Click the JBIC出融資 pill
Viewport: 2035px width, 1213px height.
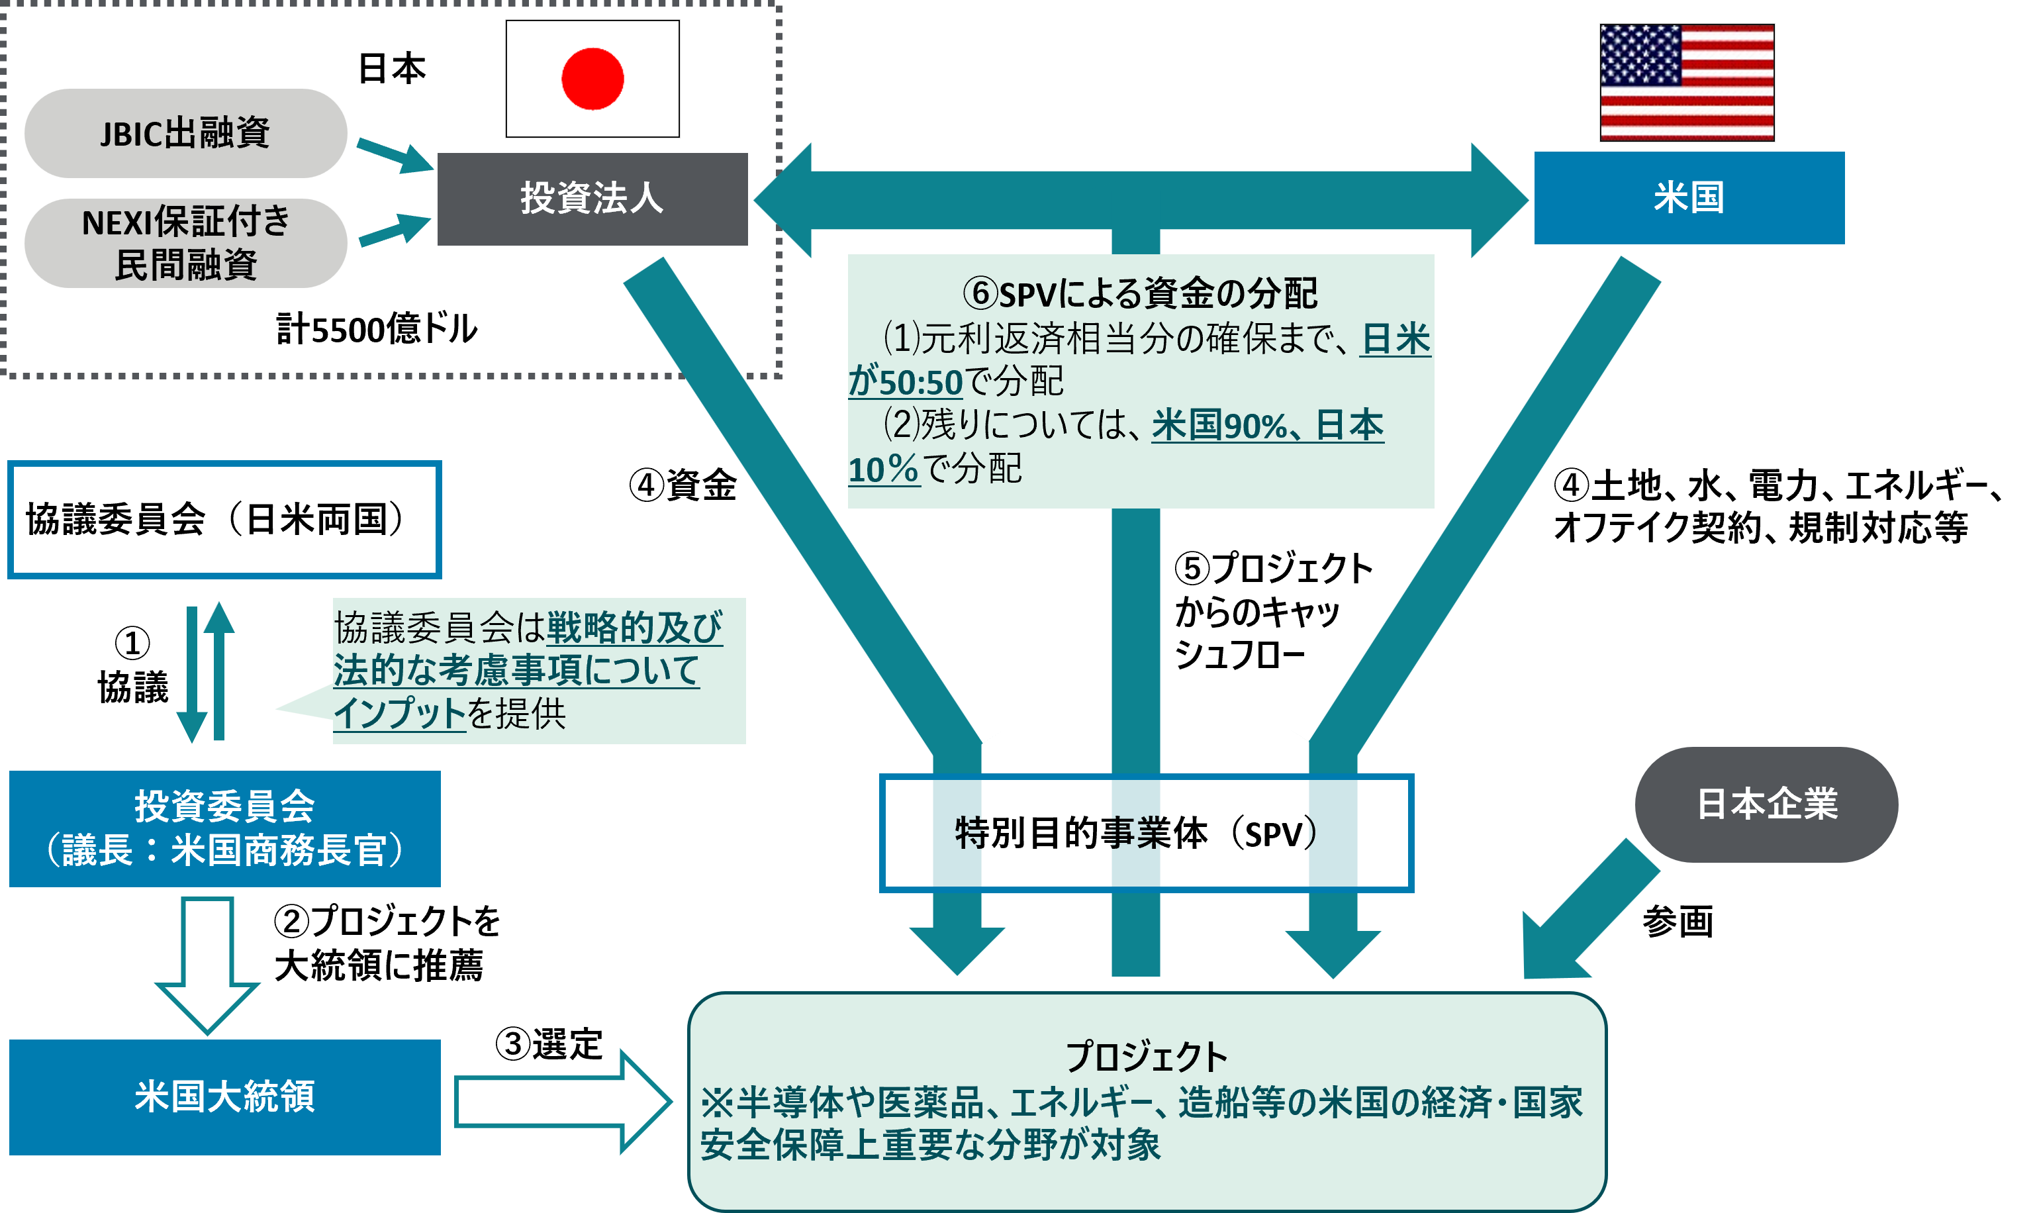(x=185, y=133)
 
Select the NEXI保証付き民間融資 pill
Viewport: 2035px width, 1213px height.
(x=185, y=243)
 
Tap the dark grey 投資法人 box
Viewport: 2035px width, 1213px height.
(x=592, y=199)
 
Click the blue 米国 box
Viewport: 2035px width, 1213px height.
(x=1689, y=198)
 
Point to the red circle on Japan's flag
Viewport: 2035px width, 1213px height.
(x=592, y=79)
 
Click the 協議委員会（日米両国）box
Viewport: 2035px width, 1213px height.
(x=224, y=520)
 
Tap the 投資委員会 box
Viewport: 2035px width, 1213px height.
(x=224, y=828)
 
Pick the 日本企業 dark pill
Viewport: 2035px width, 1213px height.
(x=1766, y=804)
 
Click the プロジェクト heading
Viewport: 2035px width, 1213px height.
(x=1146, y=1056)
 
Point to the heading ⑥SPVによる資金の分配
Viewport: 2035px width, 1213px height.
(x=1139, y=293)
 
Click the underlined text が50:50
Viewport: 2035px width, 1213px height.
(x=906, y=383)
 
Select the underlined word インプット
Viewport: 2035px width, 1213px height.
(x=399, y=712)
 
